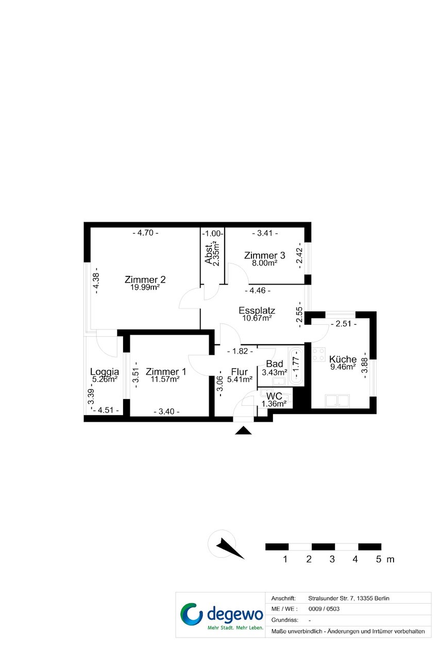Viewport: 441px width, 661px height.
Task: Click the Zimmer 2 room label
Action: (145, 279)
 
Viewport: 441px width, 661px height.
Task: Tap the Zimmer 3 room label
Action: (264, 255)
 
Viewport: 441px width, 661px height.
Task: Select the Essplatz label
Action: (257, 310)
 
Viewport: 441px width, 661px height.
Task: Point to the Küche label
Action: (343, 359)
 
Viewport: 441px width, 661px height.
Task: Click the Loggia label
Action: (105, 372)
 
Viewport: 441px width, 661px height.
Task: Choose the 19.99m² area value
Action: (145, 287)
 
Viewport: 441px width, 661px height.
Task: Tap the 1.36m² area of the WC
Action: (274, 404)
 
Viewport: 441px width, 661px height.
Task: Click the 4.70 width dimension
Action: (145, 233)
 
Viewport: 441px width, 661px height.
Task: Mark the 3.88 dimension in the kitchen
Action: (365, 366)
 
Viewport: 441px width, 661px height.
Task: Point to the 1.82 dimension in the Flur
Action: (240, 351)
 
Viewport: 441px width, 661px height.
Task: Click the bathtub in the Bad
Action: (296, 366)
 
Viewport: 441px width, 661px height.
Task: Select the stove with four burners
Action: (318, 355)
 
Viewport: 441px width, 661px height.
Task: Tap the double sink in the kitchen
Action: (337, 401)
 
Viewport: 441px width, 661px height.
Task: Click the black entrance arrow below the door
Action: (243, 431)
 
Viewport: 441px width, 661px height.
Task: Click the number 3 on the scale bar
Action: (332, 559)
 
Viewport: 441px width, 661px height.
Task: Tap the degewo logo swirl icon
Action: (192, 614)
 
